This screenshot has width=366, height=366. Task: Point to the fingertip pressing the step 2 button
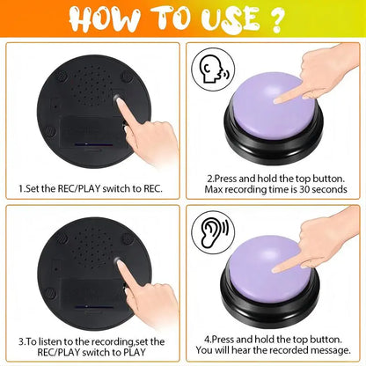[281, 98]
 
